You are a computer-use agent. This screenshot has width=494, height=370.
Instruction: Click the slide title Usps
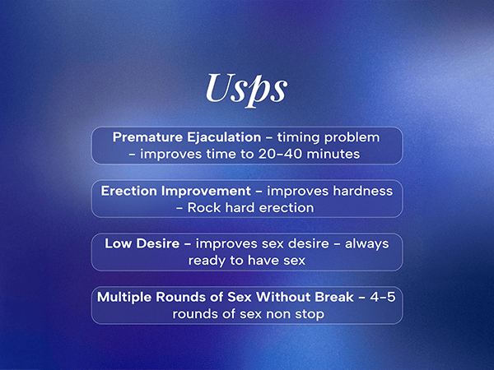(x=246, y=90)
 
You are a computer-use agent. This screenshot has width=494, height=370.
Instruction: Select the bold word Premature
(x=147, y=137)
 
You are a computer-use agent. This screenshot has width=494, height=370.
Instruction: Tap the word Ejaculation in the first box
(x=224, y=138)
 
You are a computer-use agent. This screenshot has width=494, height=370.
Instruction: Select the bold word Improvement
(x=206, y=192)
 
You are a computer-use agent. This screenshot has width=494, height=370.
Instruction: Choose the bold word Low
(x=118, y=244)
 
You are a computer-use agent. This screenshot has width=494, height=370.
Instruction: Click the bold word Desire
(x=157, y=244)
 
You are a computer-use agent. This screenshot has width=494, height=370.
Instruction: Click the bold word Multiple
(x=124, y=298)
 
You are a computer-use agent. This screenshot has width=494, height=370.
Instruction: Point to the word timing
(x=299, y=138)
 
